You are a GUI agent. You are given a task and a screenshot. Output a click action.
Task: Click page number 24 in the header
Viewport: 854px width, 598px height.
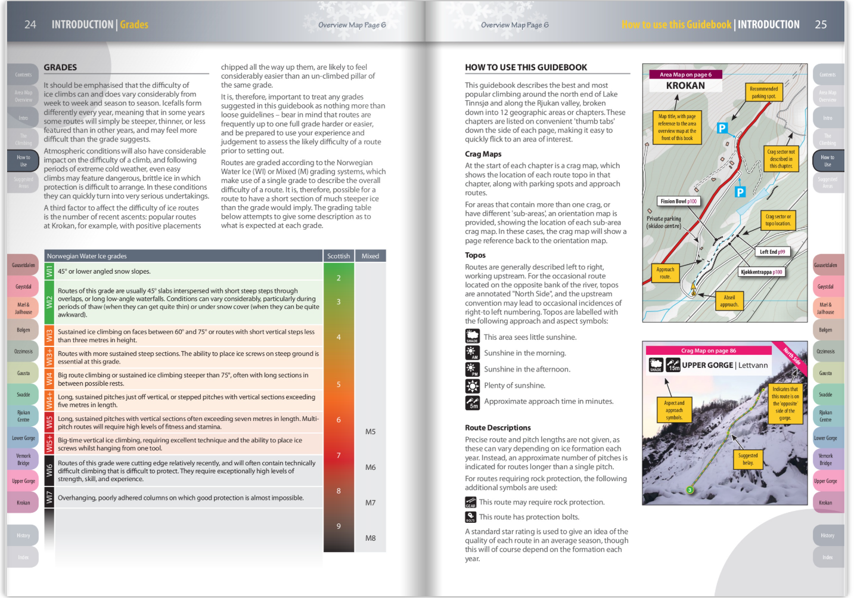click(30, 24)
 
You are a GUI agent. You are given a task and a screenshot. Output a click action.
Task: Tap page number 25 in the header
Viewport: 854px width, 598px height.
click(821, 24)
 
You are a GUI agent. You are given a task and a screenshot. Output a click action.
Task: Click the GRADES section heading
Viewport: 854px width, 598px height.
click(60, 67)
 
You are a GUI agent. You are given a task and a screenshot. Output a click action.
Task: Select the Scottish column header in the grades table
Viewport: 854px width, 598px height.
click(339, 256)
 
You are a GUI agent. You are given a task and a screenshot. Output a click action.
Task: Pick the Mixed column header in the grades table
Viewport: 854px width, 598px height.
click(370, 256)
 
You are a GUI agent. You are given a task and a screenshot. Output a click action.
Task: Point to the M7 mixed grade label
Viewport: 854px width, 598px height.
click(370, 503)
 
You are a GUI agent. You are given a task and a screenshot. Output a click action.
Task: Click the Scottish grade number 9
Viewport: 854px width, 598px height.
click(339, 526)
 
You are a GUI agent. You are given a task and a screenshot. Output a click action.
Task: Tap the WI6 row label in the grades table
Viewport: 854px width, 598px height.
click(49, 470)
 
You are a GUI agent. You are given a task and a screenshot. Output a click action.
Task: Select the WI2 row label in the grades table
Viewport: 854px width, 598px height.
click(49, 302)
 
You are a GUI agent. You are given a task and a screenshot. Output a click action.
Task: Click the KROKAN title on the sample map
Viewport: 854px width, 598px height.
click(685, 86)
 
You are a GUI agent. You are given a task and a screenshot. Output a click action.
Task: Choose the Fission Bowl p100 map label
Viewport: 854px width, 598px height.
click(678, 202)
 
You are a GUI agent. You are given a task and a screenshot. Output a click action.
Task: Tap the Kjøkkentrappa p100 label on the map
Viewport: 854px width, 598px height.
click(761, 272)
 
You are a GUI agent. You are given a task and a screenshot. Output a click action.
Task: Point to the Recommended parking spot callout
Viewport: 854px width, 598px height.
click(763, 92)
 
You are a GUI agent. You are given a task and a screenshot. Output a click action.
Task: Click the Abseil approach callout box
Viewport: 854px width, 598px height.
click(729, 301)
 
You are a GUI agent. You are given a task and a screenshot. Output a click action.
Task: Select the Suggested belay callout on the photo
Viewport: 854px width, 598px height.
click(748, 459)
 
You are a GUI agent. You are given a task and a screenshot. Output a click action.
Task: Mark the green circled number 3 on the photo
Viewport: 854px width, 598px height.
click(690, 490)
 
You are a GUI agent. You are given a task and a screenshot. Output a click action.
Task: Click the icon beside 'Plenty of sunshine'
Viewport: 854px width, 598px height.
click(472, 386)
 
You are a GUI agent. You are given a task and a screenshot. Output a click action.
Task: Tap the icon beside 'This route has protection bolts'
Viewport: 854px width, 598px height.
click(470, 517)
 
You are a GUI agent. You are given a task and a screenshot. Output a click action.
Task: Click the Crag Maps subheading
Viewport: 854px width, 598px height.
click(483, 154)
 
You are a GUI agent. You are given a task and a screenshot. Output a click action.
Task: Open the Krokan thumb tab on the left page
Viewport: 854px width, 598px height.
click(23, 503)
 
